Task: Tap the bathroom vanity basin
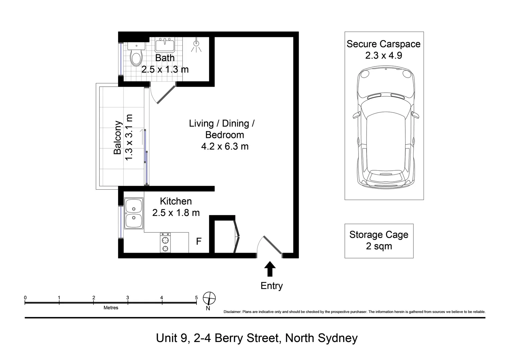pos(165,45)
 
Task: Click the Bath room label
pos(165,58)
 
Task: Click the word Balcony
pos(118,137)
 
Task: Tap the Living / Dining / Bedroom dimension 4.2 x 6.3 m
pos(225,146)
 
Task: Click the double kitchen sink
pos(134,213)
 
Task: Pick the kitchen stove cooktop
pos(165,243)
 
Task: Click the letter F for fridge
pos(199,241)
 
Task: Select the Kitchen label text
pos(176,201)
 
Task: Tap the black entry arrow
pos(270,269)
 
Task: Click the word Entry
pos(272,286)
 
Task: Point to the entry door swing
pos(270,245)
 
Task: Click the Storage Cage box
pos(379,241)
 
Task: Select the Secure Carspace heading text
pos(383,44)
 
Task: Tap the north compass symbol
pos(209,298)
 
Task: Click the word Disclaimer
pos(232,312)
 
